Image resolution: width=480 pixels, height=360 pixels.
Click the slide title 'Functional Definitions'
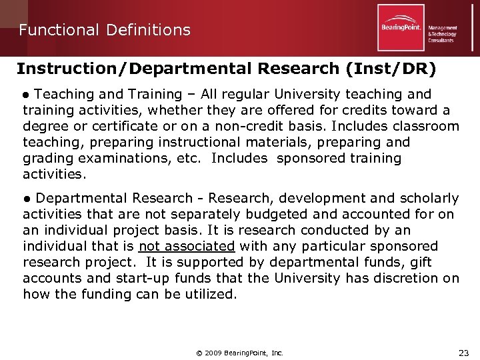click(x=105, y=30)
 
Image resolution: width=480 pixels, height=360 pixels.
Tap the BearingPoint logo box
click(x=401, y=28)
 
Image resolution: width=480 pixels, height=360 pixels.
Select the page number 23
click(x=464, y=352)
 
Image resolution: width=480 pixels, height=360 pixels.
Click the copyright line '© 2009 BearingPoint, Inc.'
click(x=240, y=353)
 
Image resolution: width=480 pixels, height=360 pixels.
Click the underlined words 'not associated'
click(x=187, y=246)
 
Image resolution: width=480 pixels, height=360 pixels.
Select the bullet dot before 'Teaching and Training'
click(x=27, y=95)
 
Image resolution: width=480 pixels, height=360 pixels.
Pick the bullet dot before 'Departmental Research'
click(x=27, y=199)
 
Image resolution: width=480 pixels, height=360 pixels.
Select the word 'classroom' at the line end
click(x=427, y=126)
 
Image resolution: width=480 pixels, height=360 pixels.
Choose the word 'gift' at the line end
click(x=420, y=262)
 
